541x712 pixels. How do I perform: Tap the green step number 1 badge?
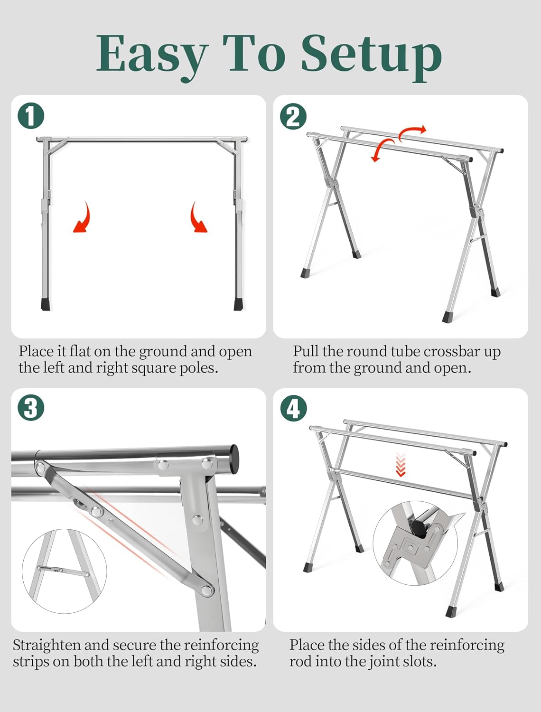pyautogui.click(x=31, y=116)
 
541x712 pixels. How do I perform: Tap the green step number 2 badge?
pyautogui.click(x=293, y=116)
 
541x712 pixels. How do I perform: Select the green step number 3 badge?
pyautogui.click(x=31, y=408)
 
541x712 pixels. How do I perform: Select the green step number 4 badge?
pyautogui.click(x=293, y=408)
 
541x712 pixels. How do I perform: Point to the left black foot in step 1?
pyautogui.click(x=46, y=304)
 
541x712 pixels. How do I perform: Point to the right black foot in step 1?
pyautogui.click(x=238, y=304)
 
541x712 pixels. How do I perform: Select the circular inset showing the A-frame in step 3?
pyautogui.click(x=64, y=571)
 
